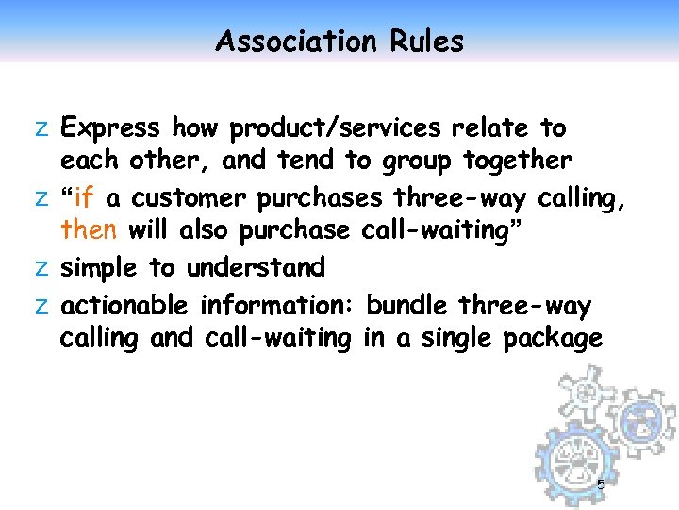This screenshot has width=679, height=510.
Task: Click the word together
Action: coord(517,161)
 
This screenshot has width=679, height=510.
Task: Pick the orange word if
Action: coord(83,197)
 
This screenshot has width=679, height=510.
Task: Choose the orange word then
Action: coord(89,231)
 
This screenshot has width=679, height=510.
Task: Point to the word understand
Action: coord(256,268)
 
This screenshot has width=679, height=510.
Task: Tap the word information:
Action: coord(278,305)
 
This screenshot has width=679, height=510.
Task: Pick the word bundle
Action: coord(407,305)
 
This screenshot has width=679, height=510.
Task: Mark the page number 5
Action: coord(602,485)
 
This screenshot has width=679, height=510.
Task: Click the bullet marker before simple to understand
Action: coord(42,269)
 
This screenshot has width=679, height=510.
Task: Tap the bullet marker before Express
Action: coord(42,128)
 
